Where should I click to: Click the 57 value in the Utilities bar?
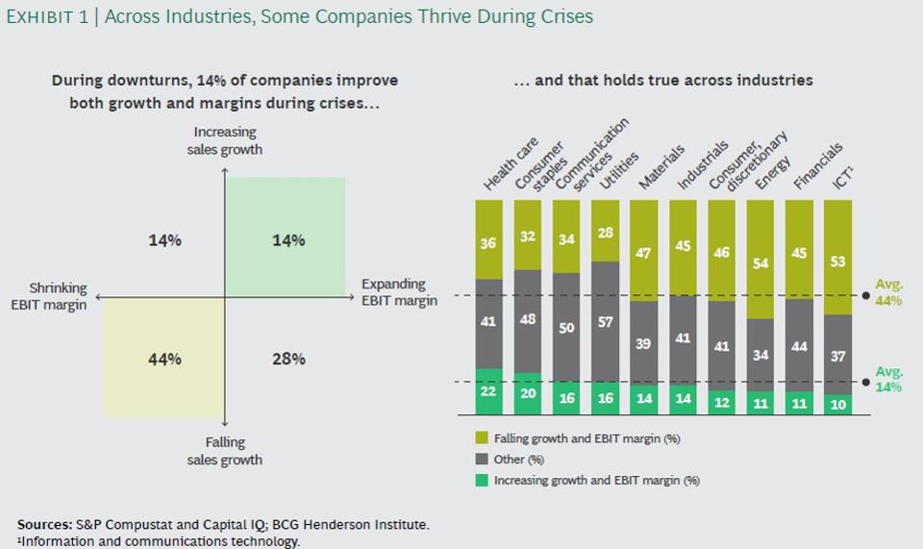point(605,321)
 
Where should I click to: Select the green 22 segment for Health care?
point(488,390)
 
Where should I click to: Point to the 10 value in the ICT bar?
point(837,405)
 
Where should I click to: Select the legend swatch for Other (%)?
point(483,459)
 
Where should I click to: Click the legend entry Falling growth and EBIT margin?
point(586,438)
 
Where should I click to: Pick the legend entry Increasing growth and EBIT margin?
point(596,479)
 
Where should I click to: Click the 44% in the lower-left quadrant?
point(164,360)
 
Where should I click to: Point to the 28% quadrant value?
point(289,360)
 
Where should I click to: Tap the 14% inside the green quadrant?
point(289,240)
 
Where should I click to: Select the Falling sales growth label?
point(224,451)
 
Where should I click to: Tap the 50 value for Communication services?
point(566,328)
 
